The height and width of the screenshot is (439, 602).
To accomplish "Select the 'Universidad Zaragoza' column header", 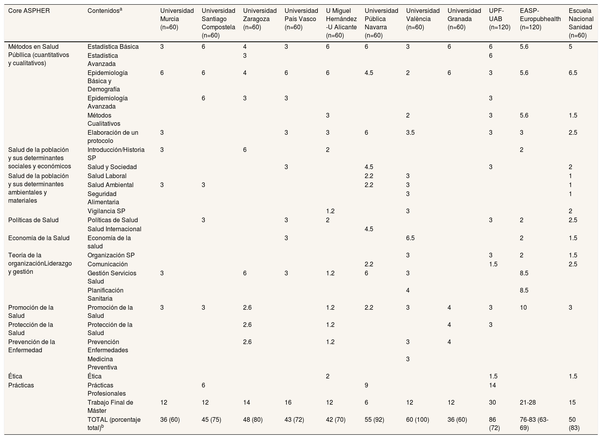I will click(260, 19).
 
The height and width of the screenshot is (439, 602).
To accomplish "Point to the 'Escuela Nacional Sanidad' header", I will click(580, 23).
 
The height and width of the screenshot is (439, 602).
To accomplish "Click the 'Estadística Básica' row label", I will click(113, 46).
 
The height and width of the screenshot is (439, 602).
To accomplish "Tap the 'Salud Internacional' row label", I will click(114, 229).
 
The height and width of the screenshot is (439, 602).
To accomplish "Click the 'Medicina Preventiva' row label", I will click(102, 363).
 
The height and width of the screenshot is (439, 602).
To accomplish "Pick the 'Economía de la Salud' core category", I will click(39, 238).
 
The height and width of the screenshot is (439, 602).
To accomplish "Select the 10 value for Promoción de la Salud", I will click(523, 307).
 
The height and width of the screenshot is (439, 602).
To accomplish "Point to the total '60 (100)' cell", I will click(417, 419).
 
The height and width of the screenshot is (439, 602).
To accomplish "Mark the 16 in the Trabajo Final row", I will click(288, 402).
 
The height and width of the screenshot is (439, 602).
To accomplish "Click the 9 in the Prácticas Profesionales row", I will click(366, 385).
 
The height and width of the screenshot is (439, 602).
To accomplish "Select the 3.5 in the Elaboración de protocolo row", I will click(410, 132).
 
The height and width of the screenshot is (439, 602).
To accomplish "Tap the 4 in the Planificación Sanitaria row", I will click(408, 290).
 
